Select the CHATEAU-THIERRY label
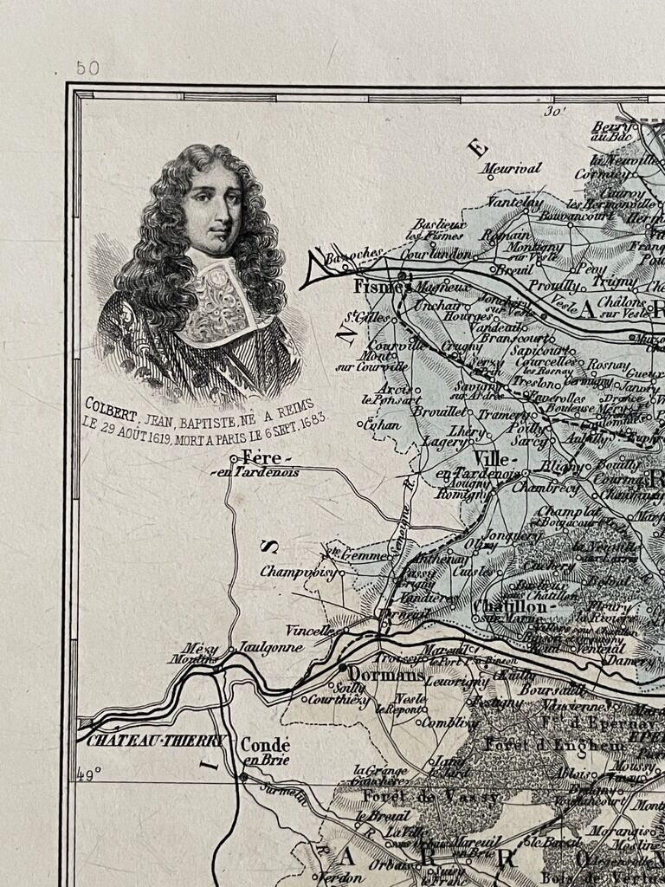pos(157,741)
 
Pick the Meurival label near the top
pos(512,168)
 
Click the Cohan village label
pos(382,424)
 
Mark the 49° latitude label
pos(89,774)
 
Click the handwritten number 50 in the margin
pos(87,68)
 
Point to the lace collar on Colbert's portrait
pos(221,299)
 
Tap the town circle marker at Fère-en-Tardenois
pos(233,459)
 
